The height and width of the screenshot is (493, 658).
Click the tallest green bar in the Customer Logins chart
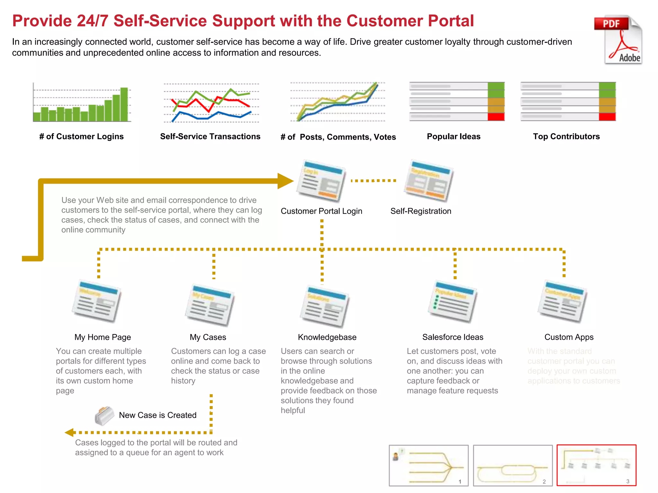pyautogui.click(x=124, y=104)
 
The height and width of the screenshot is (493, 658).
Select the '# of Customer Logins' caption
pyautogui.click(x=81, y=136)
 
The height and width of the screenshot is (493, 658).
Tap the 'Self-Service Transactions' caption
pyautogui.click(x=210, y=136)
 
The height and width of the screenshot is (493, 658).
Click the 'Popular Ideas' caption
pyautogui.click(x=453, y=136)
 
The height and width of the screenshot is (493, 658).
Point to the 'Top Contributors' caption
pyautogui.click(x=566, y=136)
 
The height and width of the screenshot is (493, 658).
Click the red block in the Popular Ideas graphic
pyautogui.click(x=496, y=117)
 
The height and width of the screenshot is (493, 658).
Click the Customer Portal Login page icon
pyautogui.click(x=321, y=181)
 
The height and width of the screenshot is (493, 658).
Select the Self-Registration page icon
pyautogui.click(x=429, y=181)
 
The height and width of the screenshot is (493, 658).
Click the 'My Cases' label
pyautogui.click(x=208, y=337)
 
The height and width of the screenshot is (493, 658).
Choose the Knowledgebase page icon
pyautogui.click(x=325, y=306)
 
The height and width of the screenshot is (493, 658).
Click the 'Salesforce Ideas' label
pyautogui.click(x=453, y=337)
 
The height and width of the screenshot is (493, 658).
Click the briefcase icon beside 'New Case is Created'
pyautogui.click(x=104, y=416)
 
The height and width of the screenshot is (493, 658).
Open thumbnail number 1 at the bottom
pyautogui.click(x=429, y=465)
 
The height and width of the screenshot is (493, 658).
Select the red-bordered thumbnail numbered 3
pyautogui.click(x=596, y=465)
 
